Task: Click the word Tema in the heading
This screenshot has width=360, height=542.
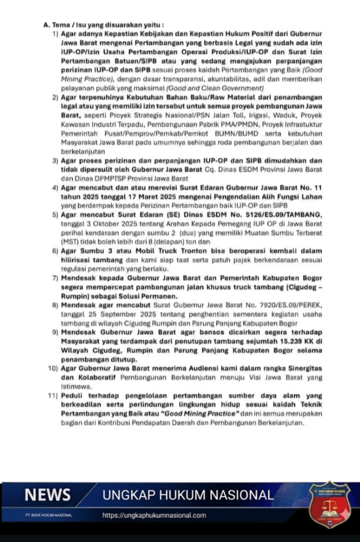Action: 58,25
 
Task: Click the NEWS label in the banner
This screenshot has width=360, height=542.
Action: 48,495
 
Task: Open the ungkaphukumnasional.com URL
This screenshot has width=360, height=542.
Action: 154,515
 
